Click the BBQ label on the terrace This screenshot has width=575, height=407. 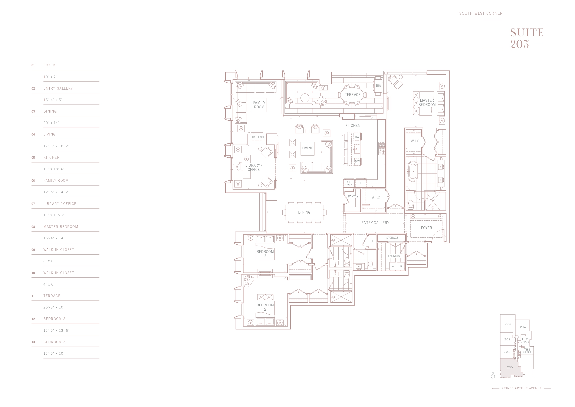[x=378, y=86]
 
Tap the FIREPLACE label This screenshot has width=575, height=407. [x=257, y=137]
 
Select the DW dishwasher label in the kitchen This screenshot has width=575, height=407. [x=357, y=137]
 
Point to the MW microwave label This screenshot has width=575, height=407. [x=357, y=162]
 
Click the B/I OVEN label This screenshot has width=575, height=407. [x=349, y=183]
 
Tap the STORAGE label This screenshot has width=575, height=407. [x=392, y=238]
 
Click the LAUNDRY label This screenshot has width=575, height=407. [x=394, y=256]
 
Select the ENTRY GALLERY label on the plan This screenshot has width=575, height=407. [x=375, y=223]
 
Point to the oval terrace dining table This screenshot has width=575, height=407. [x=352, y=95]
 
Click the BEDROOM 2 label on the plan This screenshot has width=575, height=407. [x=265, y=307]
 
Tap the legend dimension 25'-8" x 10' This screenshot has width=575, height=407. [x=54, y=307]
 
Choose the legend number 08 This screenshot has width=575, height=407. [x=33, y=227]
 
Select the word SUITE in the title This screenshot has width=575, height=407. [x=527, y=33]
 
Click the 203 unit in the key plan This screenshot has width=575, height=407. [x=508, y=324]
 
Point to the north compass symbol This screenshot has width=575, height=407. [x=493, y=376]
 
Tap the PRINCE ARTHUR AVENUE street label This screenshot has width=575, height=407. [x=522, y=388]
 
